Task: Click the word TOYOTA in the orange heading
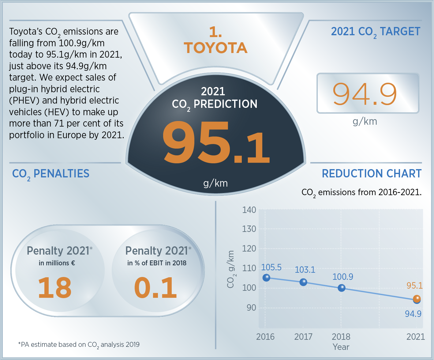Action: click(x=216, y=48)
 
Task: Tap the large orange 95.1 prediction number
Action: click(x=216, y=142)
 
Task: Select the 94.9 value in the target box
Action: click(x=365, y=94)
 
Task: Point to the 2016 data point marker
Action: click(x=266, y=278)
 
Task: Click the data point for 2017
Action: click(x=303, y=282)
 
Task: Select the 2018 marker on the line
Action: click(x=342, y=288)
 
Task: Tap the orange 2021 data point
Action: click(x=417, y=299)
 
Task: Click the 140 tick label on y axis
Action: click(x=249, y=210)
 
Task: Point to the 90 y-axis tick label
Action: click(x=251, y=308)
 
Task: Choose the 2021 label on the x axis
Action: click(x=415, y=337)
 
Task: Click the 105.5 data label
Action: click(x=271, y=267)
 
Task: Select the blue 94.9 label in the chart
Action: click(x=413, y=314)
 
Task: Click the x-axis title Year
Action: click(x=341, y=347)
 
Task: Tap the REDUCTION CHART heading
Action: click(x=372, y=174)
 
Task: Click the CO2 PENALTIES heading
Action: click(x=51, y=174)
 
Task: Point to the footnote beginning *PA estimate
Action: click(x=79, y=345)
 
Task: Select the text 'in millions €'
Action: click(x=57, y=263)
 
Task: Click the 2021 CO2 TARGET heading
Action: click(x=376, y=32)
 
